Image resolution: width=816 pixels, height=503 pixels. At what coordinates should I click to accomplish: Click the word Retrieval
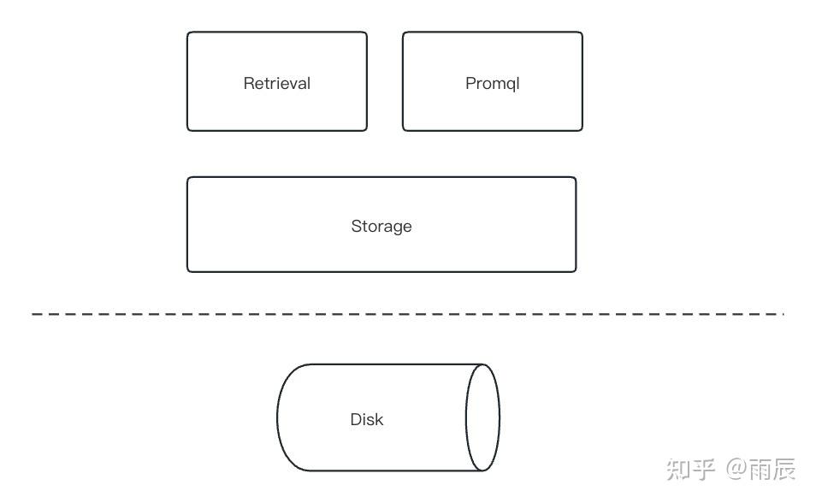point(276,83)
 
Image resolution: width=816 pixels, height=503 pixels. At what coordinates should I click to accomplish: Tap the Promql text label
point(492,83)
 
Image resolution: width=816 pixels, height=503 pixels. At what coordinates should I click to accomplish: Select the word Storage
point(381,226)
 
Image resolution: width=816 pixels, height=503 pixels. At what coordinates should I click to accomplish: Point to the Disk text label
point(367,419)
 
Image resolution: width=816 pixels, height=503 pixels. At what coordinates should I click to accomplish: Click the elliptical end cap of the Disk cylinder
point(482,417)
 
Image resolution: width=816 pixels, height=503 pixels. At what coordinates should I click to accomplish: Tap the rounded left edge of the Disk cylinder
point(279,417)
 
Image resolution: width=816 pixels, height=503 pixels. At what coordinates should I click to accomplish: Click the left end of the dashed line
point(35,315)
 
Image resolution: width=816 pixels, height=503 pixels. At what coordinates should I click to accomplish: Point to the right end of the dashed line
point(781,315)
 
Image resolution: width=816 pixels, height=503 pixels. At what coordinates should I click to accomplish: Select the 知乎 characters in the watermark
point(690,469)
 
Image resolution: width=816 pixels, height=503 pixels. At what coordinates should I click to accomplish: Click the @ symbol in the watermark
point(736,469)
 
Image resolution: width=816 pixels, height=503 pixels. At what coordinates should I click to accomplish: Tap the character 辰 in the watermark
point(783,469)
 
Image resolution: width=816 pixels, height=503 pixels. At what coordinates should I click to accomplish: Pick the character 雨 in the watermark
point(760,469)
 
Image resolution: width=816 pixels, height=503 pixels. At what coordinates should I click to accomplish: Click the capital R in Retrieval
point(249,83)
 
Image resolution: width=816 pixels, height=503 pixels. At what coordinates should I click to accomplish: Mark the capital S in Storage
point(356,226)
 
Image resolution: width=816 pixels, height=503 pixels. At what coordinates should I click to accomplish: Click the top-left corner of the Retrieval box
point(189,34)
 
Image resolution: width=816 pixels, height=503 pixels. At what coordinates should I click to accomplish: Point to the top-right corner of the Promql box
point(581,34)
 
